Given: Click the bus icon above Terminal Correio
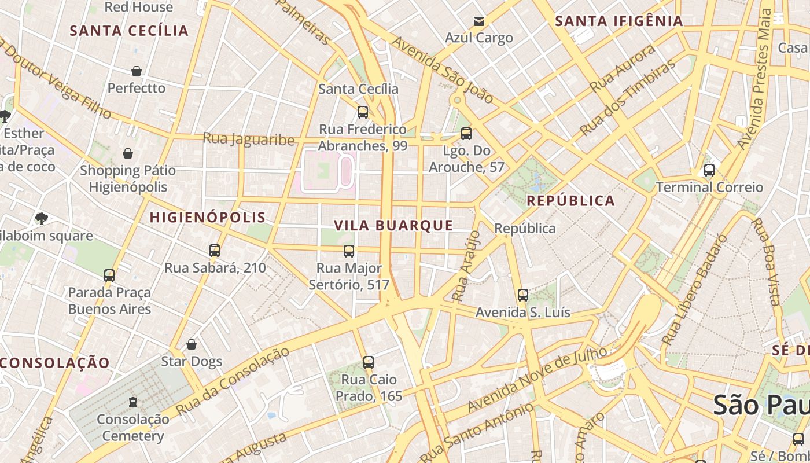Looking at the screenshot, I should [709, 170].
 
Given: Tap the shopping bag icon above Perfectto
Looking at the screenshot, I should [137, 71].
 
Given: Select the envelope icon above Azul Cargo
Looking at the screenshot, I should [478, 21].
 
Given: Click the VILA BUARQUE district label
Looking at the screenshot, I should [393, 225].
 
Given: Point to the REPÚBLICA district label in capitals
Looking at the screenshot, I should [570, 201].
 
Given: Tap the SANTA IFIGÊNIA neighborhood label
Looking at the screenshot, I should [619, 21].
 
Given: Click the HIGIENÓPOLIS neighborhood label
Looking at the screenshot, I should [208, 218].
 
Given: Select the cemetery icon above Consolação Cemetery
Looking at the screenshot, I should [133, 402].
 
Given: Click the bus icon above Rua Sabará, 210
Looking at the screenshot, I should [215, 251].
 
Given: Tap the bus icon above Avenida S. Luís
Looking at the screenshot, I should [522, 295].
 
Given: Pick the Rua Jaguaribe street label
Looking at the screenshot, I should [248, 139].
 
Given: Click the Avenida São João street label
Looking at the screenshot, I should [443, 70].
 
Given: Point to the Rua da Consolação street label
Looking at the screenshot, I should [232, 381].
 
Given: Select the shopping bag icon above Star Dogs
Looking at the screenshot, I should [192, 344].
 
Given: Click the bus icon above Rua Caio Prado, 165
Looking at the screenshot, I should [368, 362].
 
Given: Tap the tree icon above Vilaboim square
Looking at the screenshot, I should [41, 218].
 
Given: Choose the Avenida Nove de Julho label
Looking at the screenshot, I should [537, 380].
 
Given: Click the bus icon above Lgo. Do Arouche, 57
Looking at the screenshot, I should [466, 134].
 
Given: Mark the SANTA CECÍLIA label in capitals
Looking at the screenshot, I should [129, 31].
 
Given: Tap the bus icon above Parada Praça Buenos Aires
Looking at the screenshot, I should [109, 275].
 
